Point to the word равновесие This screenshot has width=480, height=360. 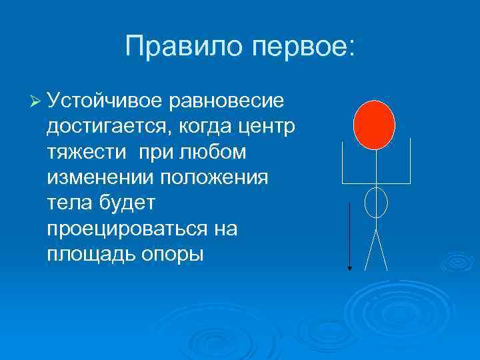pyautogui.click(x=228, y=101)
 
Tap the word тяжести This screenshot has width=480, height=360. pyautogui.click(x=87, y=152)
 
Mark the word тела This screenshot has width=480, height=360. pyautogui.click(x=70, y=203)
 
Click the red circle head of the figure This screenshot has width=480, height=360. pyautogui.click(x=374, y=124)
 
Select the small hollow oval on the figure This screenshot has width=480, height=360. pyautogui.click(x=376, y=201)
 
